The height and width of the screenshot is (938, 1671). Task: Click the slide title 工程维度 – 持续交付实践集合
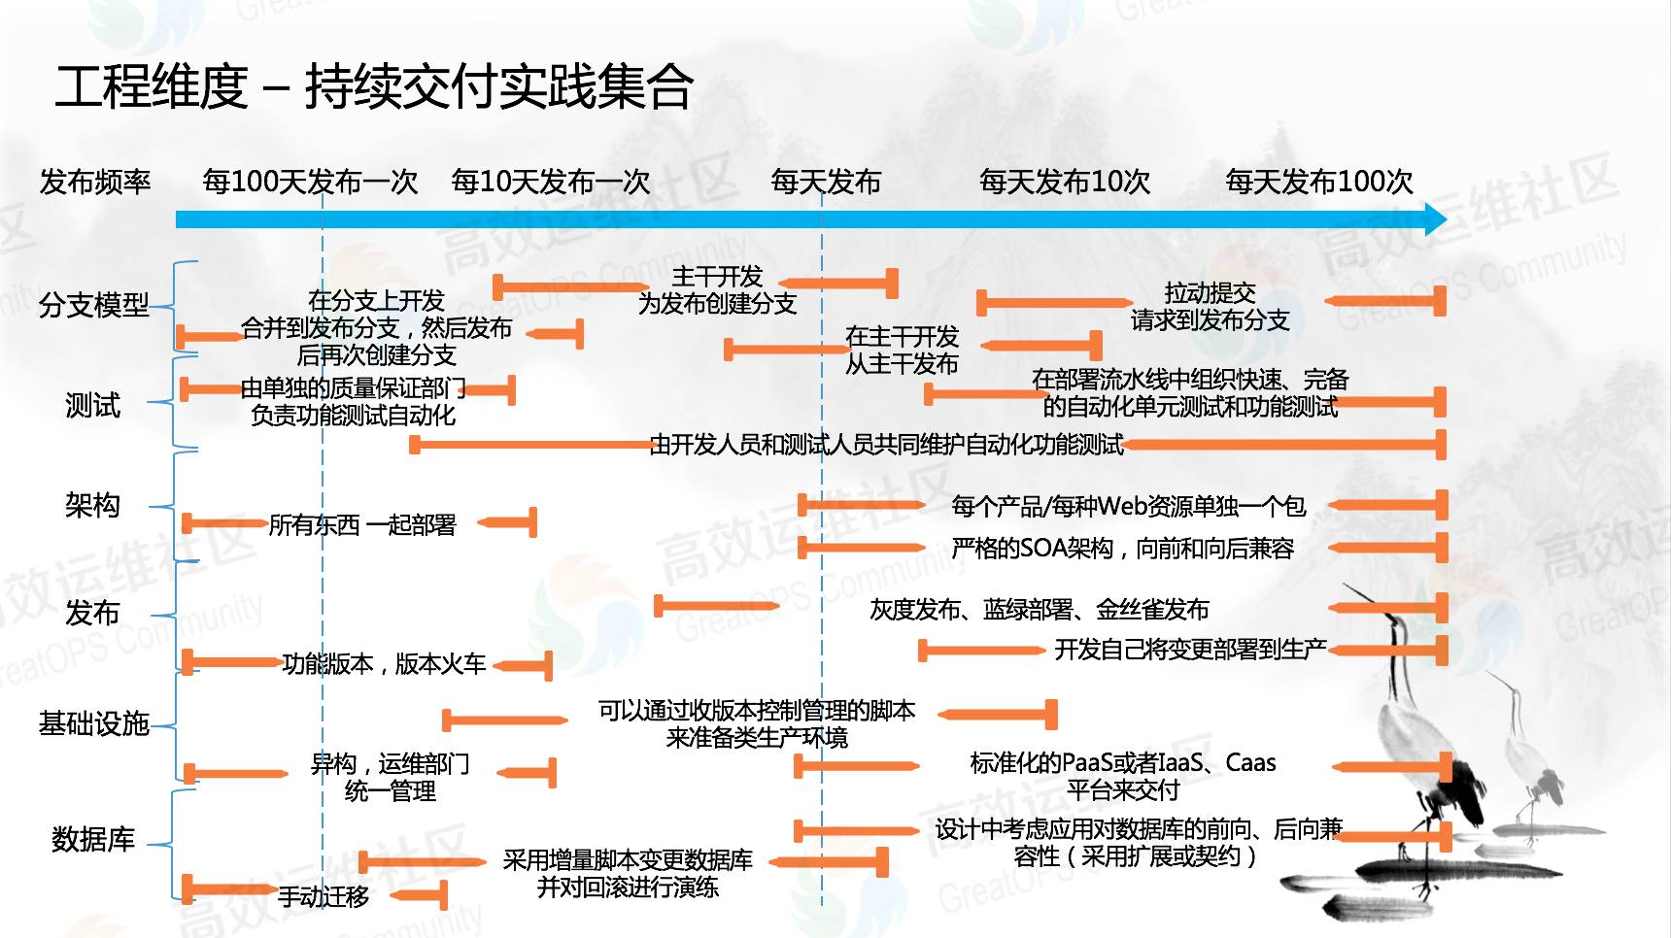click(374, 86)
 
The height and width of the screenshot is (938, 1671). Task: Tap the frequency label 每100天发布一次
click(310, 182)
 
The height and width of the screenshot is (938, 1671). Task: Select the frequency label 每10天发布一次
click(551, 182)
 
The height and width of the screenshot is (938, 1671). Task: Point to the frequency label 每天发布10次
click(1065, 182)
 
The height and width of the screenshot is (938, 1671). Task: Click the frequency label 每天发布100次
click(1318, 182)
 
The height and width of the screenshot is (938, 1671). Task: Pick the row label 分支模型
click(94, 305)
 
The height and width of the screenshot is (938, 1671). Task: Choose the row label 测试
click(92, 404)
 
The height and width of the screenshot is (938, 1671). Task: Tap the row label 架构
click(92, 505)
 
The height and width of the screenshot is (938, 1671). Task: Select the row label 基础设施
click(94, 723)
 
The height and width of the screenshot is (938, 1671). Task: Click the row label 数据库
click(93, 839)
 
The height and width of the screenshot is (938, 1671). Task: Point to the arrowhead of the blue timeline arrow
click(1435, 219)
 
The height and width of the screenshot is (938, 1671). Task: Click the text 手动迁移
click(324, 896)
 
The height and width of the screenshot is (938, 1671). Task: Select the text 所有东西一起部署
click(362, 525)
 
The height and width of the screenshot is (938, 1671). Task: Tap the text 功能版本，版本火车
click(384, 664)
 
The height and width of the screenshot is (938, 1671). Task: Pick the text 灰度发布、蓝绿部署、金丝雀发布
click(1039, 610)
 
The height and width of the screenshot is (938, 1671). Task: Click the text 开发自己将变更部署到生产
click(1190, 650)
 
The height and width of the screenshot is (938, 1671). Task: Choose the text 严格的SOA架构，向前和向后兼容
click(1122, 549)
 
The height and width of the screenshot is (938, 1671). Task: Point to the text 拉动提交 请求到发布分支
click(1210, 306)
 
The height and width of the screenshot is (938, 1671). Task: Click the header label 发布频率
click(95, 182)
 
